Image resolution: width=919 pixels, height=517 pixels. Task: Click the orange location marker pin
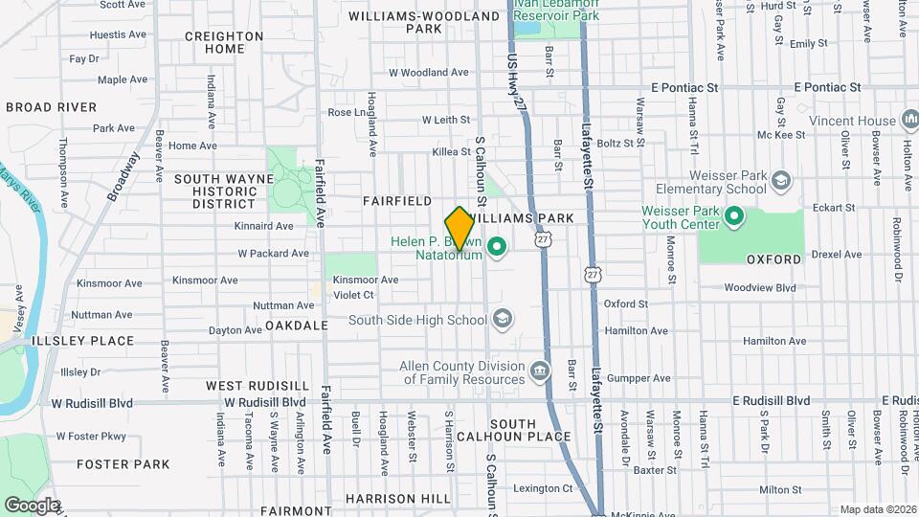point(459,229)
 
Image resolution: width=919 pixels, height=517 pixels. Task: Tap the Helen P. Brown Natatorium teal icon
point(496,249)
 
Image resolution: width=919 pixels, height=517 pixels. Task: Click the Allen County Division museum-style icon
point(540,371)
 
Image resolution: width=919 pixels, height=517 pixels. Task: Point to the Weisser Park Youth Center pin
point(734,217)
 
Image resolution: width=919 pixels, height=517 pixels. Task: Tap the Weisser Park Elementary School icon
point(780,181)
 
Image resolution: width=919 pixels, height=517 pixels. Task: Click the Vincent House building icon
point(909,121)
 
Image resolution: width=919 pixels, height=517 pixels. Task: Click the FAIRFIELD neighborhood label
point(397,201)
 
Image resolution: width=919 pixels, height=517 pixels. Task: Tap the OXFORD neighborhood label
point(773,259)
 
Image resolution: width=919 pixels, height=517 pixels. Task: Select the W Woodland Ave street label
point(428,72)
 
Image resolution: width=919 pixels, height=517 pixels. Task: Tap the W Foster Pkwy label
point(91,436)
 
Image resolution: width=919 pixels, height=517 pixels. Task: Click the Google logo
point(31,505)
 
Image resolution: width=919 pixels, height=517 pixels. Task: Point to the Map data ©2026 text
point(877,509)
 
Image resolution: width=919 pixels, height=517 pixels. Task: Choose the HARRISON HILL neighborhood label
point(397,499)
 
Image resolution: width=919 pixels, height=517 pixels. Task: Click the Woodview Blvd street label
point(760,287)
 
